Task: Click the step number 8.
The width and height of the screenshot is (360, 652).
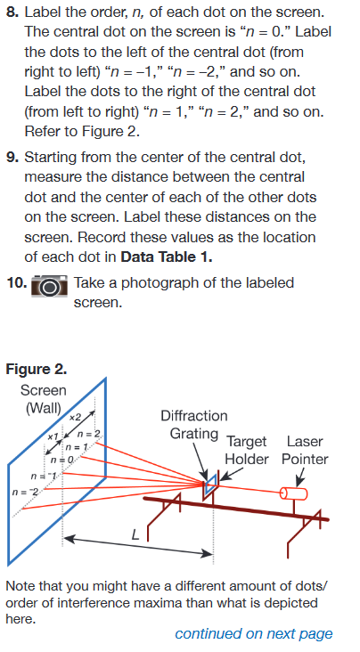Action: (x=12, y=13)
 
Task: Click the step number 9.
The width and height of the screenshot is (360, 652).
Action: (x=12, y=158)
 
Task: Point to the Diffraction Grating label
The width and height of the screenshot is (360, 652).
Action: (x=193, y=425)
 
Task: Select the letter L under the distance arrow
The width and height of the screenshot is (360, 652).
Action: (x=135, y=536)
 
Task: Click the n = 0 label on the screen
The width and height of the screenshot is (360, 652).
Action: (x=62, y=458)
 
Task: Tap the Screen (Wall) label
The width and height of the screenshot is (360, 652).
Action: (x=43, y=398)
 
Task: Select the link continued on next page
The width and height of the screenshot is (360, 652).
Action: (x=253, y=633)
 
